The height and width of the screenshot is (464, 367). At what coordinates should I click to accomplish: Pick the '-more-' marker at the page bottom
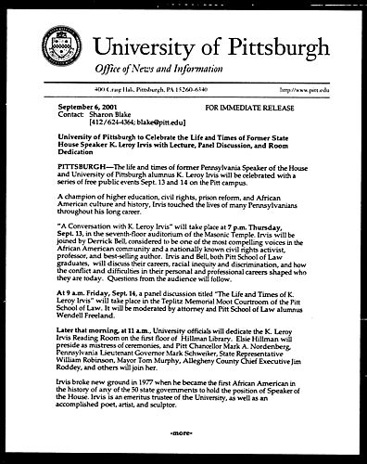(x=183, y=432)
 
